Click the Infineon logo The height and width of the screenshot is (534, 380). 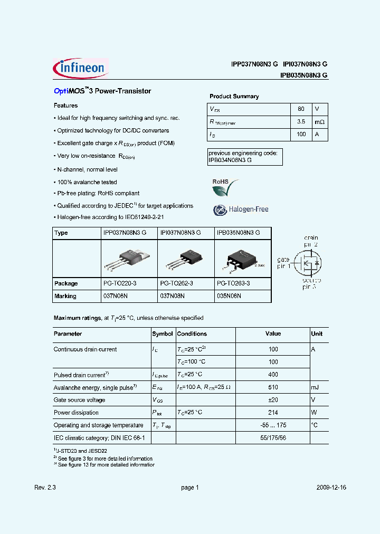click(x=81, y=68)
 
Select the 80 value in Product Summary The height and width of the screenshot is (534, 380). click(x=301, y=109)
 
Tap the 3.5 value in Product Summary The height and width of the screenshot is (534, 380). click(x=301, y=122)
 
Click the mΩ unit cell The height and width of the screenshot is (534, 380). click(x=319, y=122)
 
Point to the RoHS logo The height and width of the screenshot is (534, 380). click(x=224, y=185)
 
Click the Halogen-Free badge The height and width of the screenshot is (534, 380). click(x=241, y=209)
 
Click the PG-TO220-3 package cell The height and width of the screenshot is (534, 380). click(x=120, y=283)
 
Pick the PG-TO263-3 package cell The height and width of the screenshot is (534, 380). click(x=233, y=283)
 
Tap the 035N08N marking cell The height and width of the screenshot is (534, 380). click(x=229, y=296)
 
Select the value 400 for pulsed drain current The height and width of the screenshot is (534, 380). click(x=273, y=375)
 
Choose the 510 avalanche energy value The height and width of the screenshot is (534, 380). click(x=273, y=387)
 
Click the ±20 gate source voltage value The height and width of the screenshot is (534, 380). click(x=273, y=400)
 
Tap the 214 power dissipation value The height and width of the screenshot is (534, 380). click(x=273, y=413)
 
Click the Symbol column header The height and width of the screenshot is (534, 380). click(x=163, y=334)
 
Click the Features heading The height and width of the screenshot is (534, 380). click(x=66, y=106)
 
